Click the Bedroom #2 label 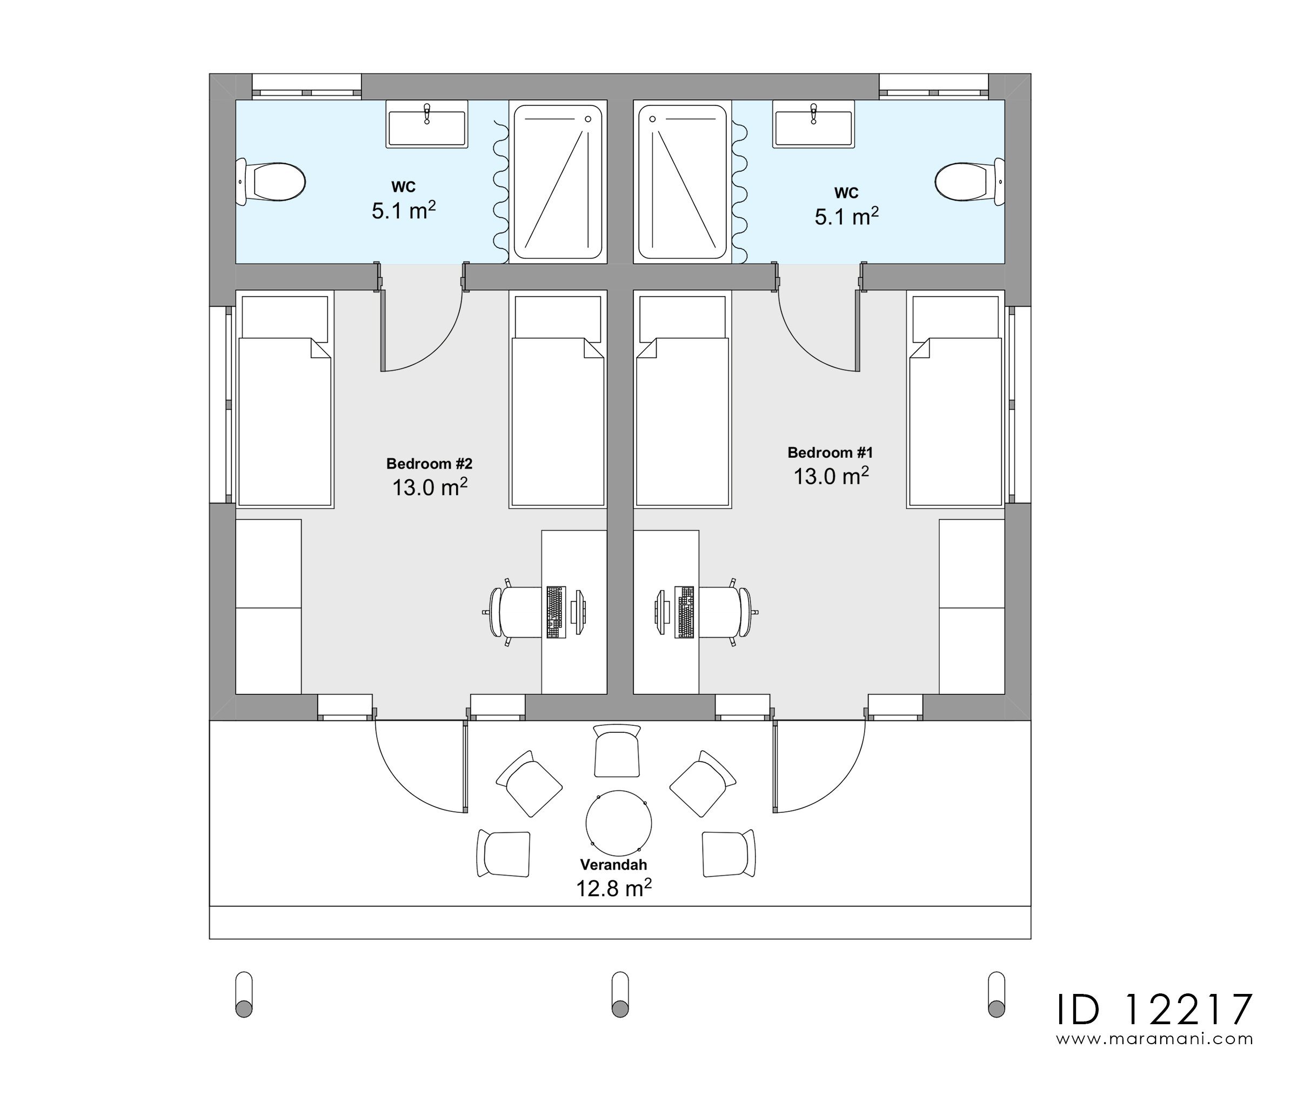[429, 464]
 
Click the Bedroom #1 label [830, 452]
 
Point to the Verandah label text [613, 865]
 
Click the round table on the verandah [618, 824]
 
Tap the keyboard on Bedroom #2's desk [556, 612]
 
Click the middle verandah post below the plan [619, 994]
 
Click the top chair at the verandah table [616, 751]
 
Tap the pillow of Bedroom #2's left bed [284, 317]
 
